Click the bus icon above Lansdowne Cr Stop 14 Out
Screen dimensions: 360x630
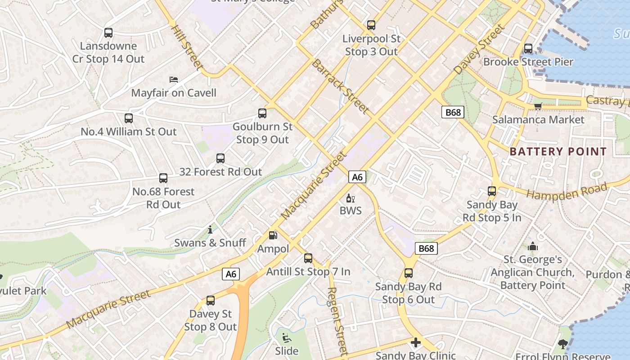click(108, 32)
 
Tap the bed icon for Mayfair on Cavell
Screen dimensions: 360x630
click(174, 80)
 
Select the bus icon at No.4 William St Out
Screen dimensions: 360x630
click(129, 118)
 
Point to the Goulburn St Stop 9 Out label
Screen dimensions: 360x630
click(262, 133)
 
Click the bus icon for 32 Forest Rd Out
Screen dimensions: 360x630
click(220, 158)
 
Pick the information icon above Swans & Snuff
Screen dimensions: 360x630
click(210, 230)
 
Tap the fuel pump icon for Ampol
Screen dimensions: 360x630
click(273, 235)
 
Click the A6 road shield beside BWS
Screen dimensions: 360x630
click(357, 177)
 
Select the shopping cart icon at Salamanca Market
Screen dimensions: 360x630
click(538, 106)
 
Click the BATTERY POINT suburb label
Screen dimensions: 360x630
click(558, 152)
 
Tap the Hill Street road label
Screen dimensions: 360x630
click(185, 47)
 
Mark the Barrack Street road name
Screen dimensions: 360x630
click(340, 86)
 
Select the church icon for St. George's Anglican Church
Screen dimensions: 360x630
click(533, 246)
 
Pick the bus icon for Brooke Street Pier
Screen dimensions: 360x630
click(528, 48)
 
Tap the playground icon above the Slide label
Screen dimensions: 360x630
click(286, 337)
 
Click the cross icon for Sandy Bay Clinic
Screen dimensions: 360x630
click(416, 343)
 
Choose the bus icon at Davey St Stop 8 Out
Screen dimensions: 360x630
click(211, 301)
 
